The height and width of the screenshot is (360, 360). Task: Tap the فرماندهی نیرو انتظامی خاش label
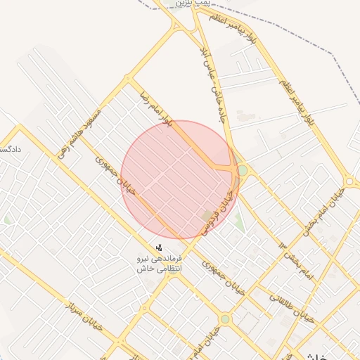pos(160,263)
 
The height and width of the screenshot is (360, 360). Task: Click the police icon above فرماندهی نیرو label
pos(160,247)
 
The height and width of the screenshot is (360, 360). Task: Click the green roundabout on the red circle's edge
pos(243,170)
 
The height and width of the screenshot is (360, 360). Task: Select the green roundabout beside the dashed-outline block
pos(224,319)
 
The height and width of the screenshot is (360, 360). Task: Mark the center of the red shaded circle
pos(180,179)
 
